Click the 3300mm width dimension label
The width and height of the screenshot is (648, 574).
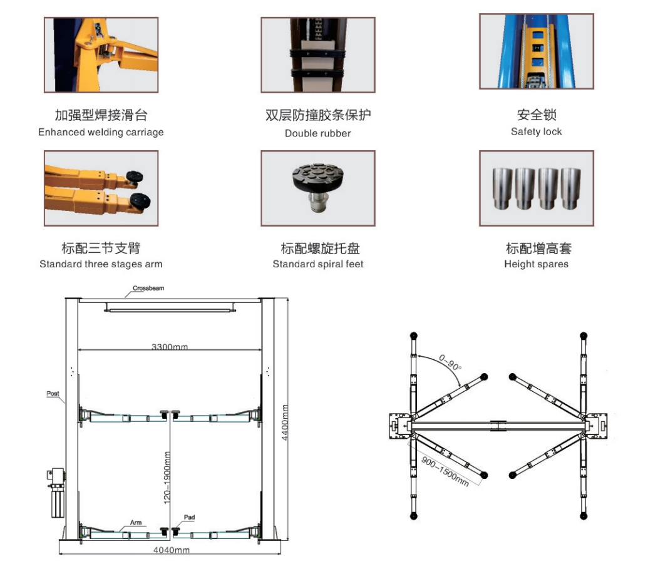tap(169, 346)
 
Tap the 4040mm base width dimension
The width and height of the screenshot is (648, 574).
tap(173, 550)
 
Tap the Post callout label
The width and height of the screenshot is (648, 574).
tap(53, 394)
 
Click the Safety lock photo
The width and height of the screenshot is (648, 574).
tap(536, 51)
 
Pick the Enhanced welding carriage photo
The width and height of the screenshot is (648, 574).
tap(100, 55)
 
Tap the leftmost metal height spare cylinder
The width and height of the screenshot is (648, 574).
tap(503, 188)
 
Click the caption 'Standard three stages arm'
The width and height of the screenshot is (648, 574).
tap(101, 264)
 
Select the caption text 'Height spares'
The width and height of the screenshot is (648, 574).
tap(536, 264)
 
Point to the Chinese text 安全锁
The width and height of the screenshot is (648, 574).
tap(536, 115)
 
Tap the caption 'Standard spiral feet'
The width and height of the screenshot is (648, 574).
tap(317, 264)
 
